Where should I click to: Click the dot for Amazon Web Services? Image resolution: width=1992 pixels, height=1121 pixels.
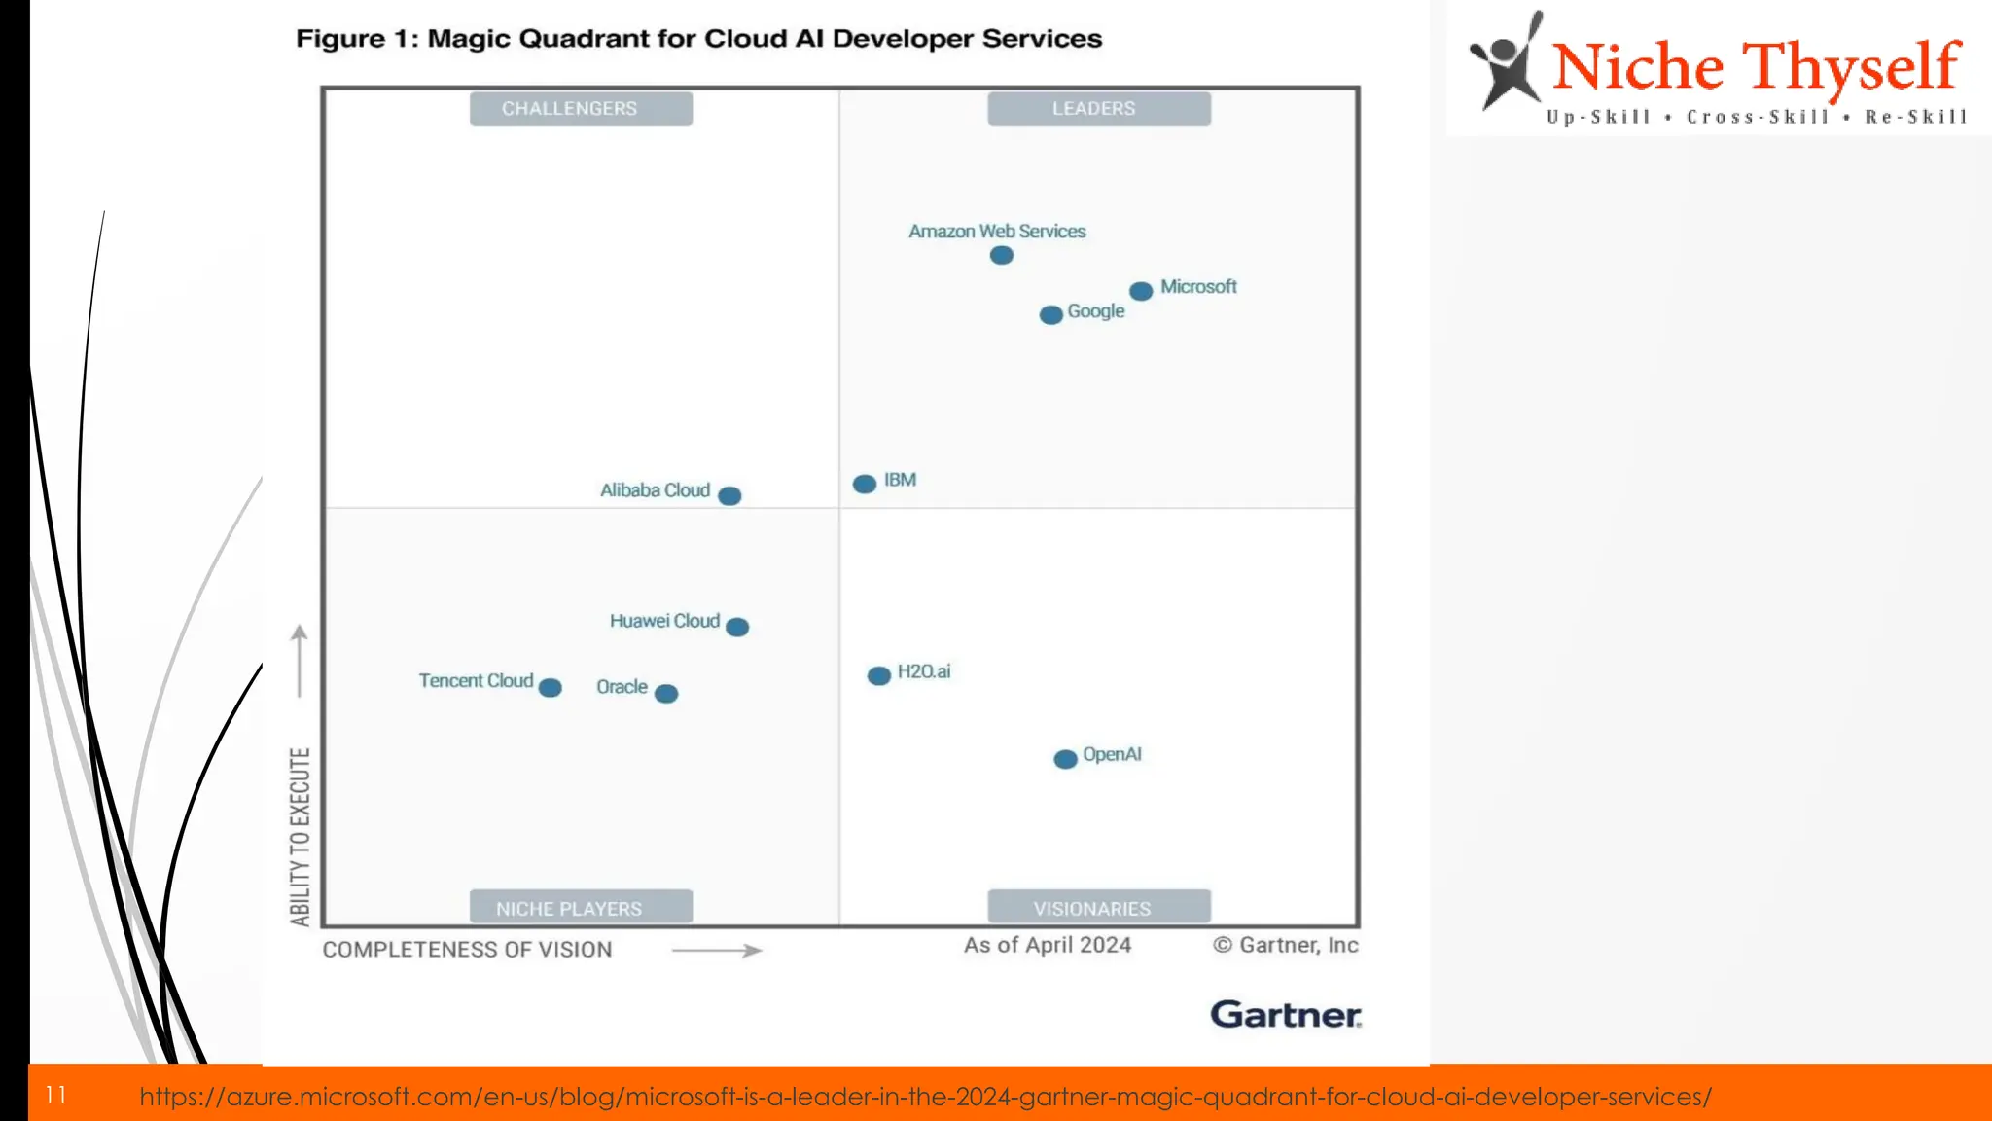tap(1001, 256)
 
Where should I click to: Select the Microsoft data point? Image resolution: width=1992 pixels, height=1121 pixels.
tap(1141, 291)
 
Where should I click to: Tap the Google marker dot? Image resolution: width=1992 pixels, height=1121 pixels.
tap(1050, 315)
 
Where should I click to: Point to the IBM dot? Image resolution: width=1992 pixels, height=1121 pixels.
tap(864, 485)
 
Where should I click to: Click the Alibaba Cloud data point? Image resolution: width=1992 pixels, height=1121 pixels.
tap(729, 496)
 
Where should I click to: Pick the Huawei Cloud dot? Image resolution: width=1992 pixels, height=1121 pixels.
tap(737, 628)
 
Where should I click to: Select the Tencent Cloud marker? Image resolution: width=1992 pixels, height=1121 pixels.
tap(550, 688)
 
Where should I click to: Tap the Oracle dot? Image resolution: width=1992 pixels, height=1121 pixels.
tap(666, 694)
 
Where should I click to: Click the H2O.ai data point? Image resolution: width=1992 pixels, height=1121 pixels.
tap(878, 676)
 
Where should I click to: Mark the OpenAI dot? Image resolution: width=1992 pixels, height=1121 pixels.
tap(1065, 759)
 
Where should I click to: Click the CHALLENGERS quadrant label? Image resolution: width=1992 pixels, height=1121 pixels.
tap(581, 109)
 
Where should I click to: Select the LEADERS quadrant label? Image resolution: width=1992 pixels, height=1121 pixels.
tap(1098, 109)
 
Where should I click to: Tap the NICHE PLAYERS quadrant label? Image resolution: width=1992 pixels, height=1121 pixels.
tap(581, 908)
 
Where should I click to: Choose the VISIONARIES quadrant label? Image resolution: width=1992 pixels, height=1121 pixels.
tap(1098, 908)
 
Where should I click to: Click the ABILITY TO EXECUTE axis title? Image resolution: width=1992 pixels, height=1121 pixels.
tap(300, 836)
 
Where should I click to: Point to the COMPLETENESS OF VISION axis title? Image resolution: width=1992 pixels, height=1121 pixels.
tap(467, 950)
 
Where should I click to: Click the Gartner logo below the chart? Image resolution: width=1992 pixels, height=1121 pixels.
tap(1285, 1015)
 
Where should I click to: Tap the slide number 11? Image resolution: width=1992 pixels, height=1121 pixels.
tap(55, 1096)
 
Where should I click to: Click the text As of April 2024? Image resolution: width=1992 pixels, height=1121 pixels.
tap(1047, 945)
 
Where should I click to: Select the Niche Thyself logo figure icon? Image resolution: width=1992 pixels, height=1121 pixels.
tap(1506, 63)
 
